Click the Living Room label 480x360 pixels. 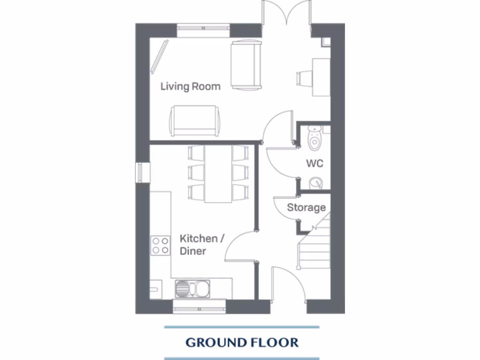click(190, 86)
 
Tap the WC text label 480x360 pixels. click(315, 164)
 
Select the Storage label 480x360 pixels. click(306, 207)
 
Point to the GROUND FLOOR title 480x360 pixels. click(242, 342)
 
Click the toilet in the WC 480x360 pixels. click(315, 137)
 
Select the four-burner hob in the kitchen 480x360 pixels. click(160, 246)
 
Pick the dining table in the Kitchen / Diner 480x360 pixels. click(218, 173)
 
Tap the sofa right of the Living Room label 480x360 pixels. click(246, 65)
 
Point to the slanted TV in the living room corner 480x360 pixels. click(159, 56)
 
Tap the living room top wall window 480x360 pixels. click(203, 30)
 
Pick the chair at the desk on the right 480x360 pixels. click(304, 78)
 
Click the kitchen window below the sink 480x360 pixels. click(199, 307)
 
